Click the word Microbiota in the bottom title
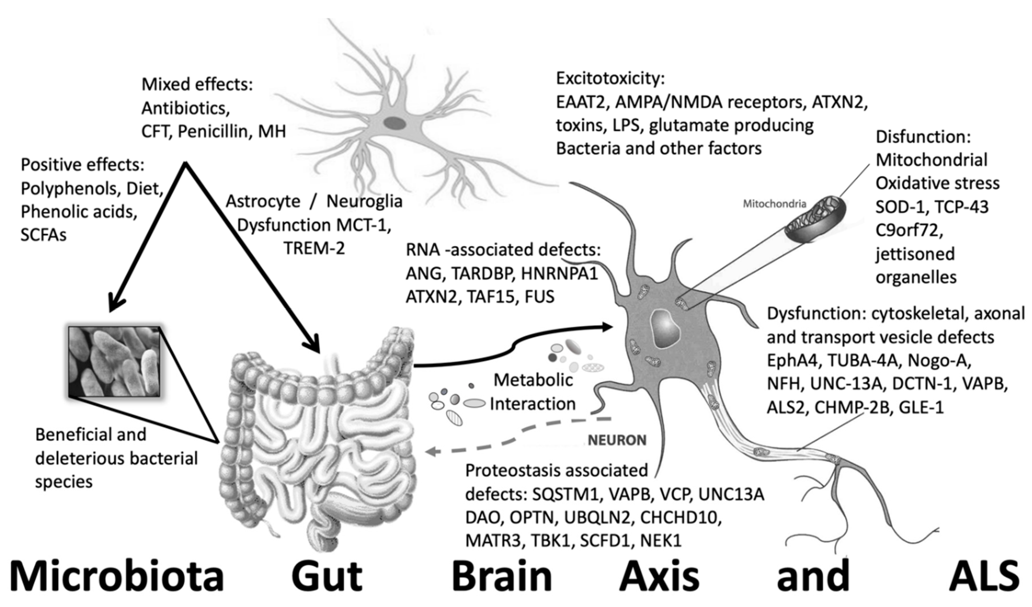[117, 577]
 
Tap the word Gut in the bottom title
[327, 577]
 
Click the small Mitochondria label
[774, 204]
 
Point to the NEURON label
[617, 440]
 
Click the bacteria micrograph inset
[114, 362]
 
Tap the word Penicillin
[213, 132]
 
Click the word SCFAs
[44, 235]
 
